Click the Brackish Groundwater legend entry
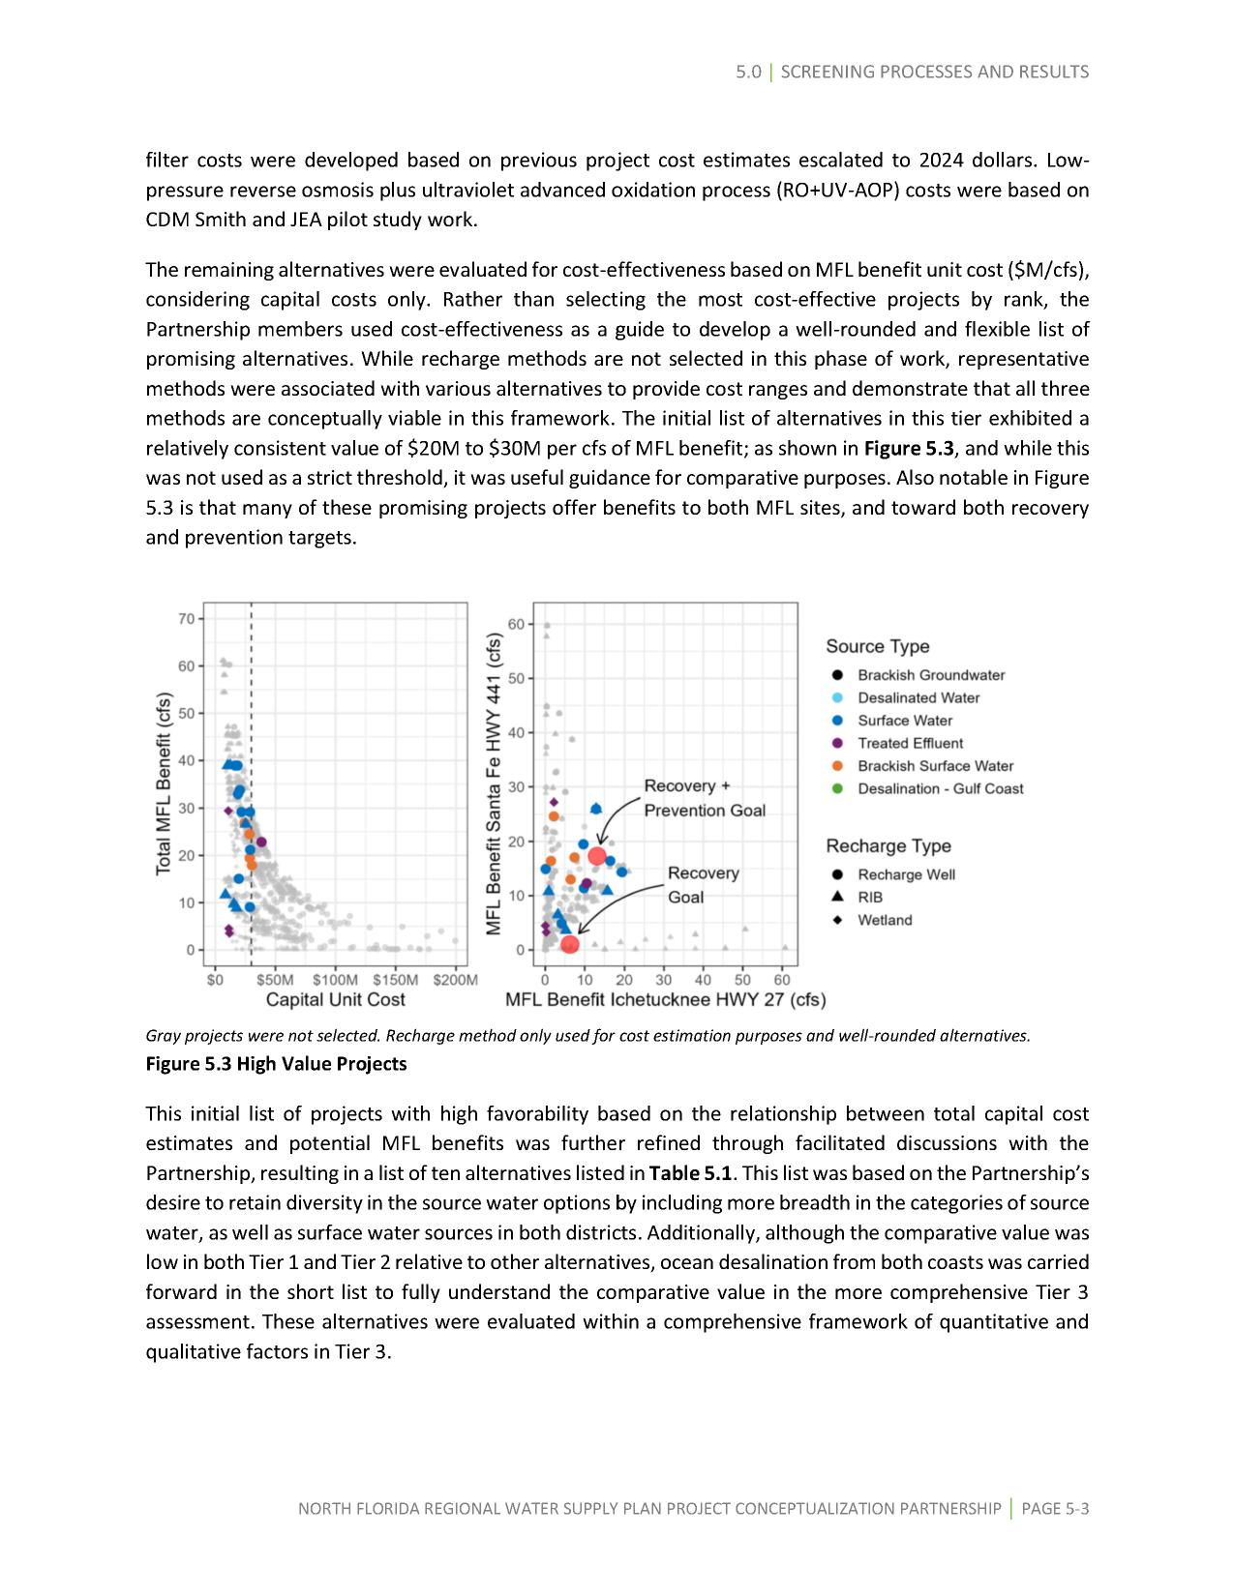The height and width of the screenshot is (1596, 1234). click(x=930, y=675)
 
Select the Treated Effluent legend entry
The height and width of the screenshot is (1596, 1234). click(x=910, y=743)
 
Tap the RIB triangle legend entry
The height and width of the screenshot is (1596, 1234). click(x=869, y=897)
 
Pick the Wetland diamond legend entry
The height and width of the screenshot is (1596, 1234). click(x=884, y=920)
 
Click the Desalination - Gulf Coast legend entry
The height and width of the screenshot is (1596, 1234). click(x=940, y=788)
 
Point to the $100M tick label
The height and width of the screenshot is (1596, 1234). click(x=336, y=979)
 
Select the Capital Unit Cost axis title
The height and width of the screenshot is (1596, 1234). click(x=335, y=999)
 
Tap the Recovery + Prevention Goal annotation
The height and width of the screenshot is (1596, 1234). click(x=704, y=798)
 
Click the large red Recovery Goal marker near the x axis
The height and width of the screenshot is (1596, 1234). click(x=570, y=944)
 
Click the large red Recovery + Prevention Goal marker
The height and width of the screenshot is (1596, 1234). click(x=597, y=855)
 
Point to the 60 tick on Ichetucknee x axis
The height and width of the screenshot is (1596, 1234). click(x=783, y=979)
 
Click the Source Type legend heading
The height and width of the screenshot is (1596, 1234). click(x=877, y=646)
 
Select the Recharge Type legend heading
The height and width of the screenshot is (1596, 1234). click(x=888, y=846)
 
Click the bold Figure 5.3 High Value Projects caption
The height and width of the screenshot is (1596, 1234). click(x=276, y=1064)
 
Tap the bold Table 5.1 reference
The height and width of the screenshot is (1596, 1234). click(x=690, y=1173)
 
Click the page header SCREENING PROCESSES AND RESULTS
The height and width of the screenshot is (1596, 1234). click(x=934, y=72)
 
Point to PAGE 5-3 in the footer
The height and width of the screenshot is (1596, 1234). click(x=1055, y=1508)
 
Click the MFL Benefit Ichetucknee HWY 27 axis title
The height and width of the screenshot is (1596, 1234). click(x=665, y=999)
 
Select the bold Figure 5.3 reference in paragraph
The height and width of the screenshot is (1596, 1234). click(x=908, y=448)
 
